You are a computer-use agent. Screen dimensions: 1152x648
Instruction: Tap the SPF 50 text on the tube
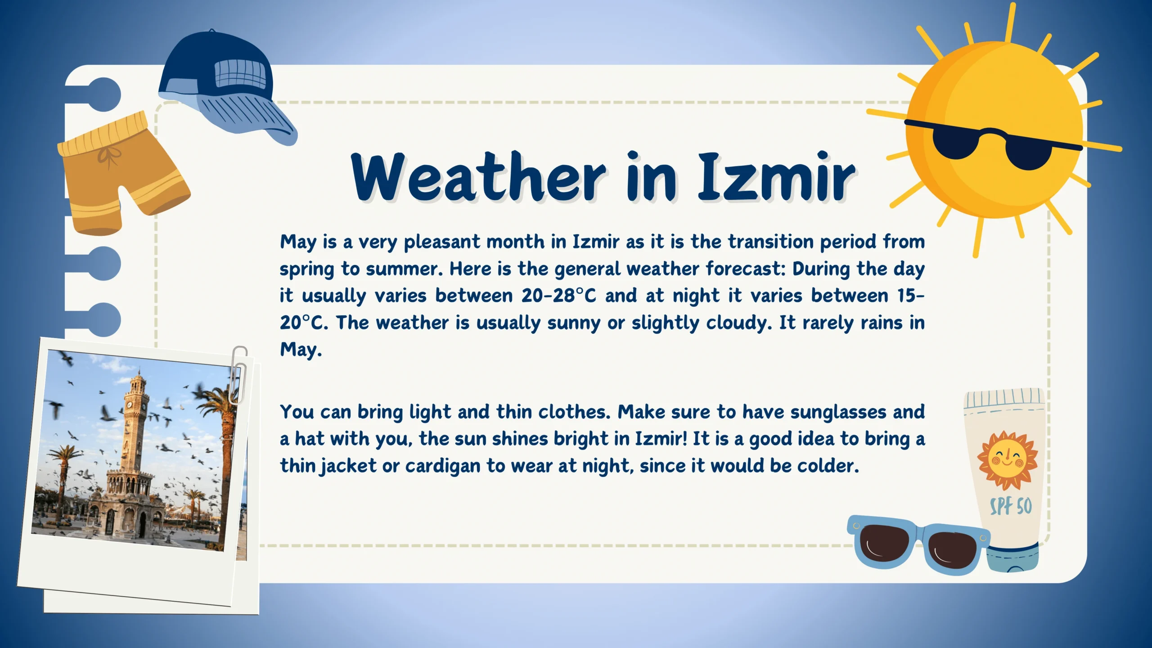pos(1011,506)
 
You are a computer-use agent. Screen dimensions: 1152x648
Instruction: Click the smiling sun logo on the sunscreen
pos(1008,460)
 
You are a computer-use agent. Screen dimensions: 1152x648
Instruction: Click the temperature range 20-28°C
pos(558,296)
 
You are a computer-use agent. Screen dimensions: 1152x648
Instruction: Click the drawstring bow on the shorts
pos(110,155)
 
